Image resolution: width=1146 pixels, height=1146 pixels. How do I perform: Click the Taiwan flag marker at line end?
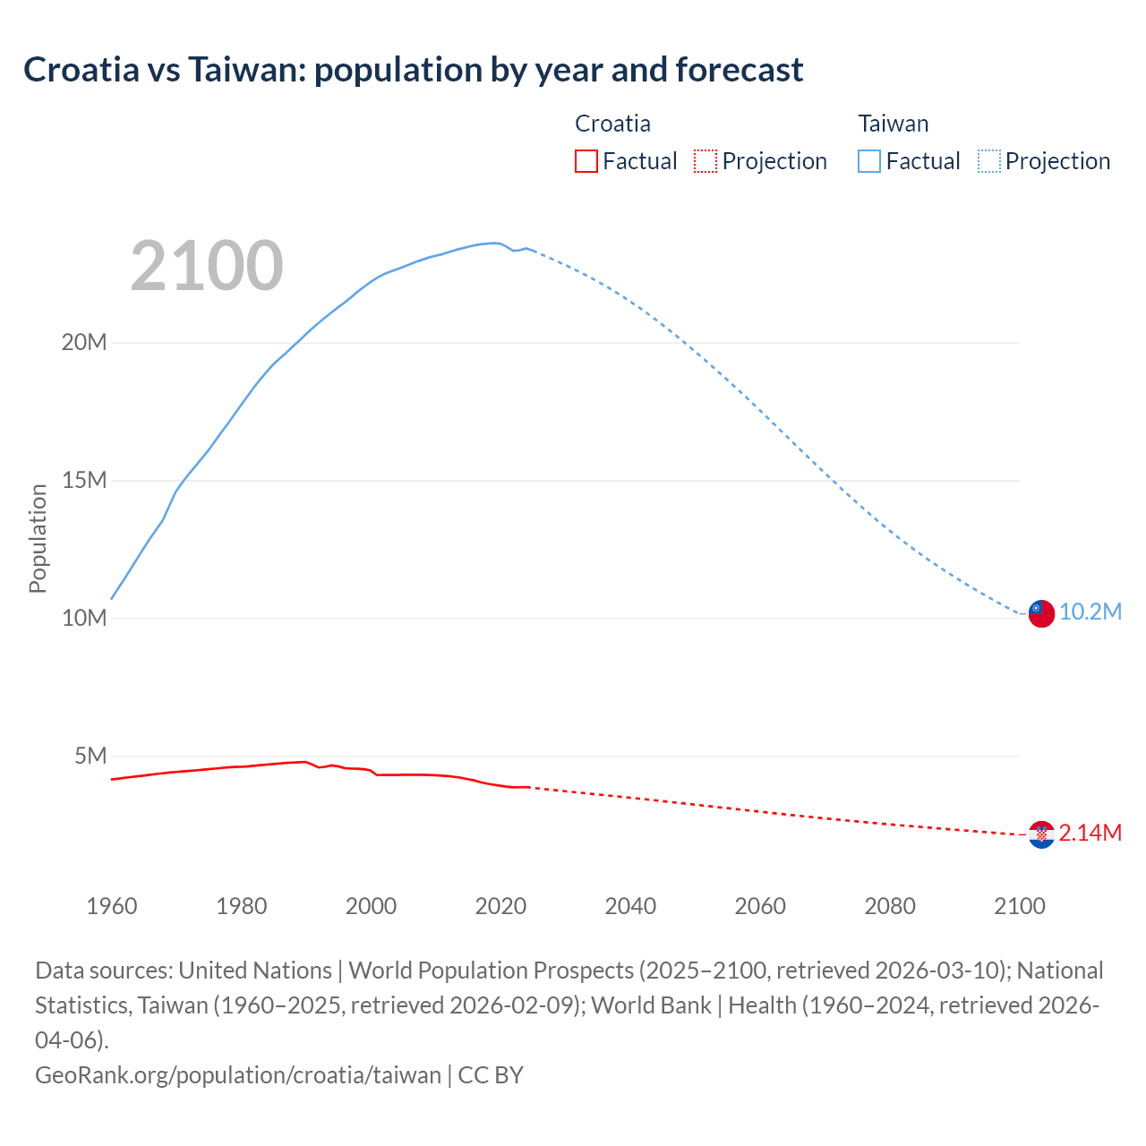click(1040, 613)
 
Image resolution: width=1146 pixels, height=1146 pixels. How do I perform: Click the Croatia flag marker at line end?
click(1040, 834)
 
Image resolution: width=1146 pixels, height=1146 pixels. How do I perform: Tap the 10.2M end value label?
click(1090, 611)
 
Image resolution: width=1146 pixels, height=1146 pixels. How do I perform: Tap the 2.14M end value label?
click(1090, 833)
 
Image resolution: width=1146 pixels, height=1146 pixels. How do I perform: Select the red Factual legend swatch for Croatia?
click(586, 161)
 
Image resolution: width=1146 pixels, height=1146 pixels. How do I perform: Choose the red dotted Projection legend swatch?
click(706, 161)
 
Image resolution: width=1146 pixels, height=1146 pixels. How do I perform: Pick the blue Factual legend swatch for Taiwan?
click(868, 161)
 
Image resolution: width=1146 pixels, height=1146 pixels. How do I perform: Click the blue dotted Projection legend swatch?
click(989, 161)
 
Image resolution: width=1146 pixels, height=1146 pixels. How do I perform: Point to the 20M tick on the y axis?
click(84, 342)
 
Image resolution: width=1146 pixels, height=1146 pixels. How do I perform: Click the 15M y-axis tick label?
click(84, 480)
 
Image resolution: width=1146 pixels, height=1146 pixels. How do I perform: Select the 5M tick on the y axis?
click(90, 756)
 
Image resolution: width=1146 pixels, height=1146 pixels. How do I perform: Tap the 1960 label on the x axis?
click(112, 906)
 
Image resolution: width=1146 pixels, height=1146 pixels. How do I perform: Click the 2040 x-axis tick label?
click(630, 906)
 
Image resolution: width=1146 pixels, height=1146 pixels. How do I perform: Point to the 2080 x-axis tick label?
click(890, 906)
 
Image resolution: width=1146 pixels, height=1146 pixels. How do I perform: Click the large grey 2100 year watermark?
click(207, 266)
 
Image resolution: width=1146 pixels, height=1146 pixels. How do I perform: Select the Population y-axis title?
click(38, 538)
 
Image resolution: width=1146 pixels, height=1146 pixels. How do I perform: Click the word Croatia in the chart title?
click(81, 69)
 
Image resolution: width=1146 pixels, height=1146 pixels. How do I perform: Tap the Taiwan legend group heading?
click(893, 124)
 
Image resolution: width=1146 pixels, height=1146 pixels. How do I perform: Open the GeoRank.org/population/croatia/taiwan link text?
click(238, 1074)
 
